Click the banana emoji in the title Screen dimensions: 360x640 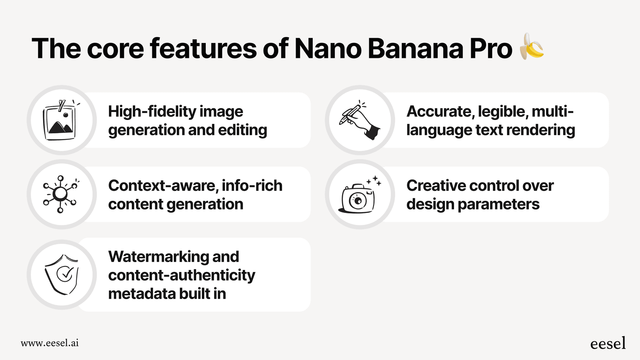tap(532, 46)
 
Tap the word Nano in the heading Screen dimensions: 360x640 tap(328, 49)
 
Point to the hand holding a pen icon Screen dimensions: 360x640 tap(360, 121)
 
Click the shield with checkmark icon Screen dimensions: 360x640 tap(62, 274)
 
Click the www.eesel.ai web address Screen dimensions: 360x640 tap(50, 343)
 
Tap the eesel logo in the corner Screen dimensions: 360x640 tap(608, 344)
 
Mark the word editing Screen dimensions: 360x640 tap(242, 130)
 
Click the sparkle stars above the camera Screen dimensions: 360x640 tap(374, 181)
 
